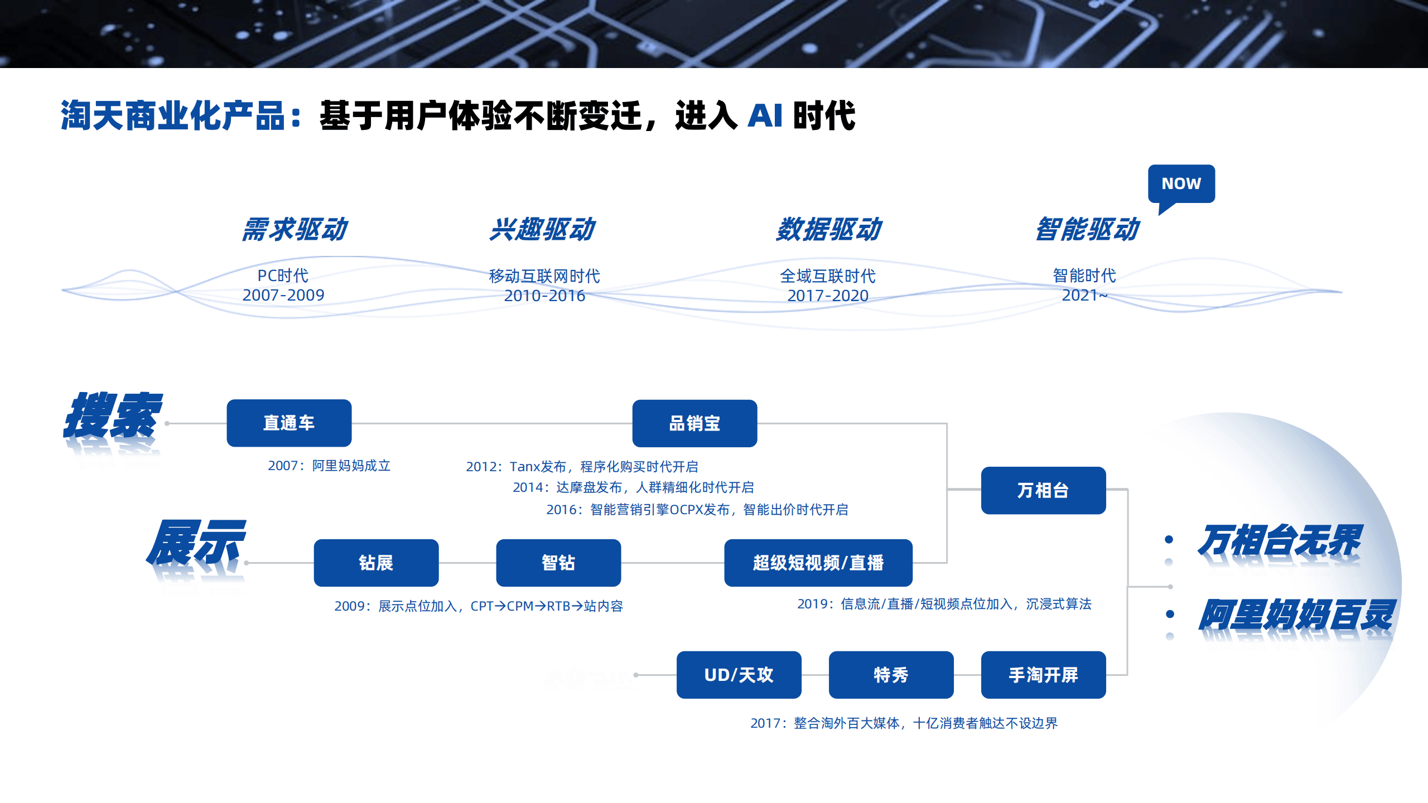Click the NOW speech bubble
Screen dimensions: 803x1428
click(1181, 184)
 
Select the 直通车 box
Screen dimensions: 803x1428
click(289, 423)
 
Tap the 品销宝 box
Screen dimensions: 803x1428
click(694, 424)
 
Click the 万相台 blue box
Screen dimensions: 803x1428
click(1043, 491)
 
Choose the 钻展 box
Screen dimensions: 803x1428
click(376, 563)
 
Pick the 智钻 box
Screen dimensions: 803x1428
click(558, 563)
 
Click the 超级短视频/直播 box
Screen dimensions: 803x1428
click(818, 563)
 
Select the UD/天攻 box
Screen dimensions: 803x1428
click(739, 675)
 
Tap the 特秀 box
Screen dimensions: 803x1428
click(891, 675)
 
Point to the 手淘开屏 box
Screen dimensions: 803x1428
click(1043, 675)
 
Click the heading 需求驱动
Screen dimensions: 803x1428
click(295, 230)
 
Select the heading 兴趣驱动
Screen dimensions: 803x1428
click(542, 230)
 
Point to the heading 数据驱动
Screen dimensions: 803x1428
click(829, 230)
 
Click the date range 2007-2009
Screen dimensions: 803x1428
click(283, 295)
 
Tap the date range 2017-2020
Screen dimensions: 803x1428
click(828, 296)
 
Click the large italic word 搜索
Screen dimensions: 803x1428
click(113, 416)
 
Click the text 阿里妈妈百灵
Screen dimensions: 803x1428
click(1296, 615)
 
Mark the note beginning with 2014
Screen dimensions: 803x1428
click(633, 487)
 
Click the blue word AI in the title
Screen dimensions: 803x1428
click(765, 116)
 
